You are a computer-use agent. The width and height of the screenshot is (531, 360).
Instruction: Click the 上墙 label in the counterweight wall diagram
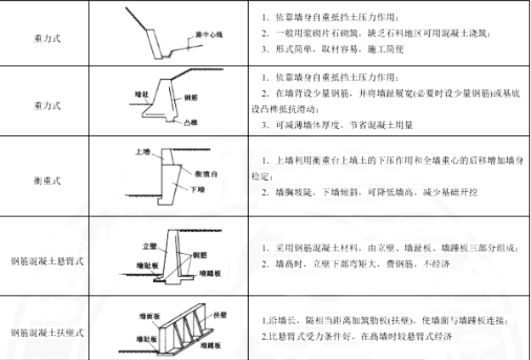click(x=143, y=151)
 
